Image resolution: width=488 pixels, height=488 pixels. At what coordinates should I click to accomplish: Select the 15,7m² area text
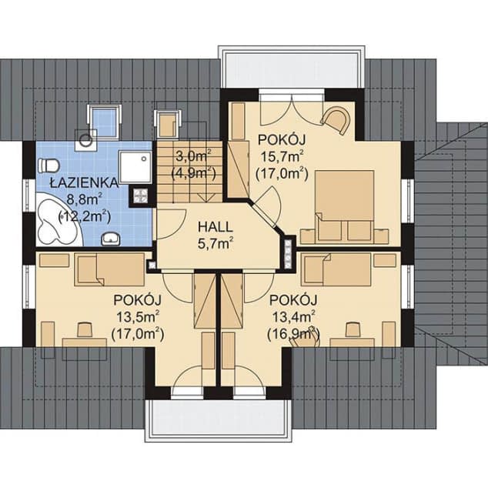click(282, 157)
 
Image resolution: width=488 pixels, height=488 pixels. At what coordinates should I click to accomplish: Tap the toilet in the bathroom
click(49, 165)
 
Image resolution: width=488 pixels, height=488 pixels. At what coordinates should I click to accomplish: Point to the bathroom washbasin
click(112, 236)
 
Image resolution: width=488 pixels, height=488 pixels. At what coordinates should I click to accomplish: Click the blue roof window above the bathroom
click(103, 119)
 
